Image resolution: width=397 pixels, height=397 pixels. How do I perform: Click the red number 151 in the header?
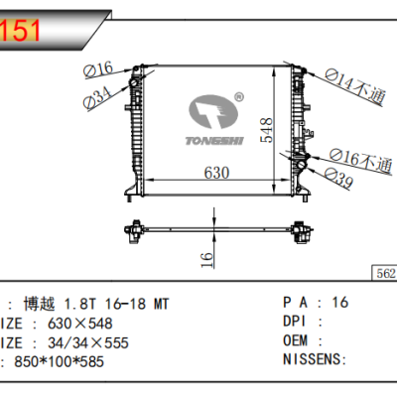pos(23,30)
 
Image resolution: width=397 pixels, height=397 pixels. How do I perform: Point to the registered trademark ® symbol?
pos(238,97)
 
